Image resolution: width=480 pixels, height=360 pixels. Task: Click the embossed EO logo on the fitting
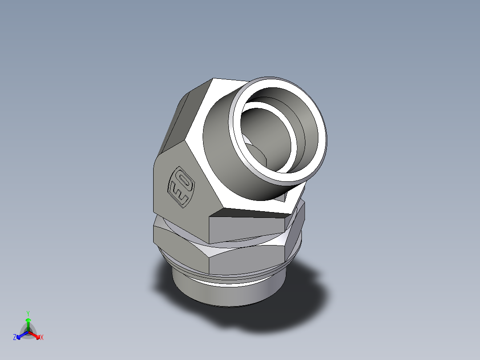pyautogui.click(x=181, y=186)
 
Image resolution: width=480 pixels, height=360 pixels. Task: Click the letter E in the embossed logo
pyautogui.click(x=177, y=193)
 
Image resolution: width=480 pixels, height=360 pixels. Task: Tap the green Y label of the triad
pyautogui.click(x=28, y=313)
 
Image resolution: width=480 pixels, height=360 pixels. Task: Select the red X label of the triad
pyautogui.click(x=41, y=338)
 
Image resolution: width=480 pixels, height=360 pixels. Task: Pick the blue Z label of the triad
pyautogui.click(x=15, y=338)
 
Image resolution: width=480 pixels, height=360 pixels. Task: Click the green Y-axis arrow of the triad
pyautogui.click(x=28, y=323)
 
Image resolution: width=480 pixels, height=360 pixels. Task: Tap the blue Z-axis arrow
pyautogui.click(x=20, y=335)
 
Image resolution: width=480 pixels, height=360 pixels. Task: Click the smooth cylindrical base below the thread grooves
pyautogui.click(x=223, y=294)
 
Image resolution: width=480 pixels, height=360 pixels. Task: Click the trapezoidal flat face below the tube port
pyautogui.click(x=249, y=225)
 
